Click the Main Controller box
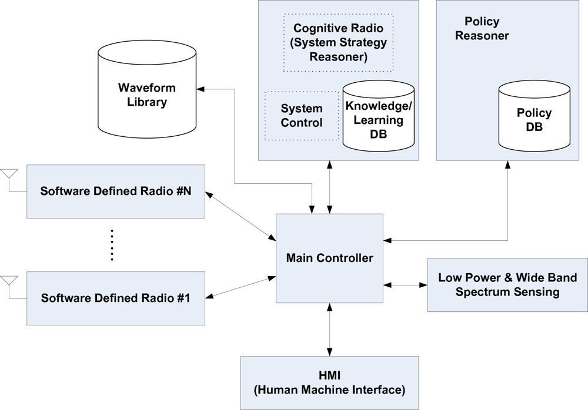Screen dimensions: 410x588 329,258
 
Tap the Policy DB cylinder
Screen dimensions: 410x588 534,117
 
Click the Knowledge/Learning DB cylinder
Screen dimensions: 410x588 378,117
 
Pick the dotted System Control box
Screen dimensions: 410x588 302,116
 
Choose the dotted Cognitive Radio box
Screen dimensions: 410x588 338,42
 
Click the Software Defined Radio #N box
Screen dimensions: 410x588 116,191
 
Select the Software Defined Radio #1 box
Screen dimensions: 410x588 116,298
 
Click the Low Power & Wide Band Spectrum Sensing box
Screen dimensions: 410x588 507,285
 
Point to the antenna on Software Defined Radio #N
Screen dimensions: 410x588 9,175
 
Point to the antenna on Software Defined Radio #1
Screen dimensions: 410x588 9,281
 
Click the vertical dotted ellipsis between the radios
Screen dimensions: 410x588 112,245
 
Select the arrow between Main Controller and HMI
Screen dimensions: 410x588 332,330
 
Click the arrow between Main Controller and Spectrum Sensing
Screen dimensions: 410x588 405,285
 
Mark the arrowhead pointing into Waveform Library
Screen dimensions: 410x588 201,89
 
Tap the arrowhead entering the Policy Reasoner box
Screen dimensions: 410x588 507,165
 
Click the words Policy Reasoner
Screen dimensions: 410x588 482,29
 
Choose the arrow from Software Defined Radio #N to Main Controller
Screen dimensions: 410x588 241,216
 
